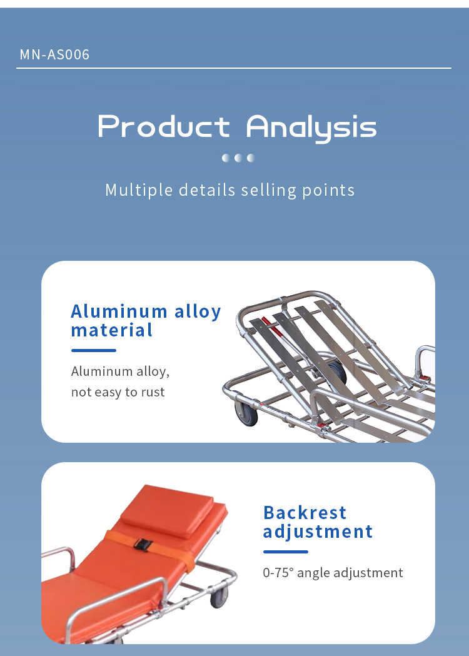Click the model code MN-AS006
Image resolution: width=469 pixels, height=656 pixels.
point(54,54)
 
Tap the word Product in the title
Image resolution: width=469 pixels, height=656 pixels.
point(164,126)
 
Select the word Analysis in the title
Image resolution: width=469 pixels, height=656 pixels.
point(311,128)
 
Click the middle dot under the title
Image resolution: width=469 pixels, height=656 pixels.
point(238,158)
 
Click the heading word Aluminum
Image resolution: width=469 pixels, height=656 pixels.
point(119,311)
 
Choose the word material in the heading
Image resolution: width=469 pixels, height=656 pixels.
point(112,330)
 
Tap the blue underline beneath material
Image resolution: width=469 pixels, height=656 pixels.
point(94,351)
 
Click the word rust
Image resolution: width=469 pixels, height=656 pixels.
point(152,392)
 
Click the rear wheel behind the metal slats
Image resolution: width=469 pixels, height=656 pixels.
point(337,372)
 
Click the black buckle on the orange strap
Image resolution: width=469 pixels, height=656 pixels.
point(143,544)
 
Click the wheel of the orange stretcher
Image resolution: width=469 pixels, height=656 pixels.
point(219,597)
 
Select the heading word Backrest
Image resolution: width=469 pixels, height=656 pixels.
point(305,513)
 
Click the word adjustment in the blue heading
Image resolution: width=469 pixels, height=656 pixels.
point(318,532)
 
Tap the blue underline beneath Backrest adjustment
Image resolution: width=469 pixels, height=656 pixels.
point(286,552)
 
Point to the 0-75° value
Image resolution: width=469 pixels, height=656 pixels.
point(278,572)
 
